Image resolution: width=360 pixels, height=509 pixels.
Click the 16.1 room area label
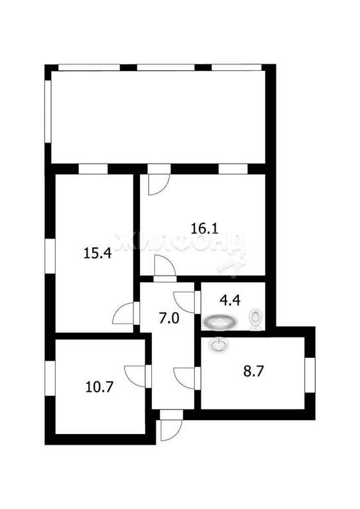click(x=204, y=229)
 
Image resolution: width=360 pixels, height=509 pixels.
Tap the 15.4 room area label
click(x=97, y=253)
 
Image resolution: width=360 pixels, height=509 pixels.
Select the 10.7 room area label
click(x=99, y=387)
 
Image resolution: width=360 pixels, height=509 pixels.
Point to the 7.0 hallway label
click(x=169, y=318)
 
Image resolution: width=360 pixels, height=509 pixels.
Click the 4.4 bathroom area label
click(x=230, y=300)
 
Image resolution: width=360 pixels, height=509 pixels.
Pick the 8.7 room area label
click(x=253, y=371)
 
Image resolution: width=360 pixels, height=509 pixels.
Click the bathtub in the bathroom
click(x=220, y=322)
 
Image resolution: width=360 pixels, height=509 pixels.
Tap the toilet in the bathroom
click(x=256, y=319)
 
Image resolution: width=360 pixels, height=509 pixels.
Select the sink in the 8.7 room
click(x=219, y=345)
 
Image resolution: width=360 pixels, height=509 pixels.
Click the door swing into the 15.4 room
click(x=123, y=313)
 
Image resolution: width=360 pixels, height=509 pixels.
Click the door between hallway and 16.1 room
click(x=165, y=266)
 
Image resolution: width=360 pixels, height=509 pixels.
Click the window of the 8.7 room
click(x=310, y=375)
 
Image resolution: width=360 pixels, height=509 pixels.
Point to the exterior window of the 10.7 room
click(x=50, y=378)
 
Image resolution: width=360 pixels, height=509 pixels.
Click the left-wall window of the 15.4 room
click(x=50, y=255)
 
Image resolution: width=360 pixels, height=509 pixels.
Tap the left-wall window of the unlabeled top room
click(x=48, y=111)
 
